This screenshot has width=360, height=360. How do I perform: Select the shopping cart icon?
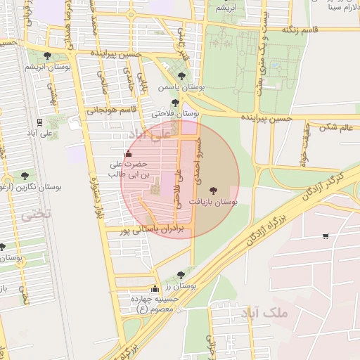325,236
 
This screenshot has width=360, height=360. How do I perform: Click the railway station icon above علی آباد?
39,120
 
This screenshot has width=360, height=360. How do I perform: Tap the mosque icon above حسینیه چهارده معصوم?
155,289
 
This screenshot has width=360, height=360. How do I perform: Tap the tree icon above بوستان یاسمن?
182,75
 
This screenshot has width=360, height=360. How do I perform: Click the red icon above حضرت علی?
127,154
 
